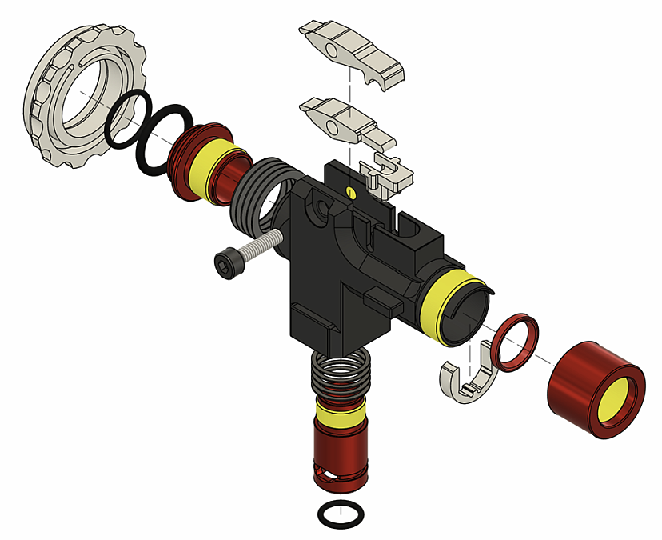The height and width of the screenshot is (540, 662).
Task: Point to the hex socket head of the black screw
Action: point(225,262)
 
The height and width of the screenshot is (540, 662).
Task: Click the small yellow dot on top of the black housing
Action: point(351,191)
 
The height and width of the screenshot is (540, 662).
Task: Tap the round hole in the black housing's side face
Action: point(322,210)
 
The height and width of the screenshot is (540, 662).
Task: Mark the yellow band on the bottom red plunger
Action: point(340,411)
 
